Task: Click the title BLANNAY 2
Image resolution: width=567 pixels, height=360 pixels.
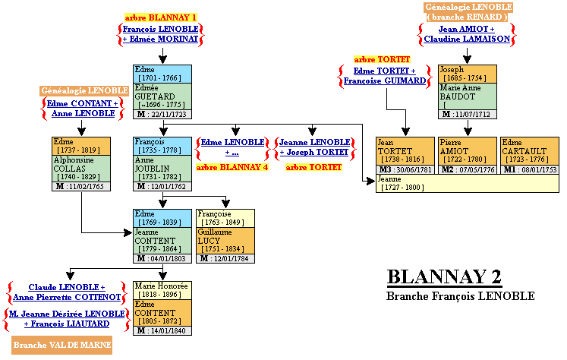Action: click(444, 276)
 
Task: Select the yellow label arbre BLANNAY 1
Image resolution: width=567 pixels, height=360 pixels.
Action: click(160, 17)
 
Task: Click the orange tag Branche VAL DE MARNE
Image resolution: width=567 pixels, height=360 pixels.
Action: click(62, 345)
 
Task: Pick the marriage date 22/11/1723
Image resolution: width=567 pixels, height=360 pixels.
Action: click(167, 115)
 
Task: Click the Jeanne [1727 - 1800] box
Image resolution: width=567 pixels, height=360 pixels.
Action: click(467, 183)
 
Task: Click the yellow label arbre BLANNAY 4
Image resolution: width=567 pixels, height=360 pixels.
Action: click(232, 167)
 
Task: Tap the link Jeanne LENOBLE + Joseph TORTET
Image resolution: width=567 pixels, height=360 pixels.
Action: click(315, 147)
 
